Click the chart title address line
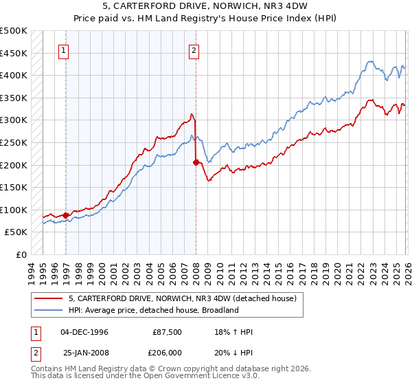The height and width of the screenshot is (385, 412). [x=206, y=6]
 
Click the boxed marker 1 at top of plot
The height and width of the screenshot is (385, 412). [x=63, y=49]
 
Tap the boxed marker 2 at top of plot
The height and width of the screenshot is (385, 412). [x=194, y=49]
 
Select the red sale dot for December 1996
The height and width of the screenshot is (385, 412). [x=66, y=215]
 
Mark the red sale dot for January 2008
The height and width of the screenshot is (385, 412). [x=196, y=162]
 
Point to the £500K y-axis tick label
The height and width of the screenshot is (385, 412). [x=14, y=31]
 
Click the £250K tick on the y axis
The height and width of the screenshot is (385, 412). [x=14, y=142]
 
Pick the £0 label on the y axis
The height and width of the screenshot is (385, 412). [x=21, y=254]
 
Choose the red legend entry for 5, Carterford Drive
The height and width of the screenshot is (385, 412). [x=182, y=298]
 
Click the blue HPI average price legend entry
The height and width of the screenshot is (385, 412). [x=153, y=310]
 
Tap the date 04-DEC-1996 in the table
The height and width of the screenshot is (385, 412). [x=84, y=332]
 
